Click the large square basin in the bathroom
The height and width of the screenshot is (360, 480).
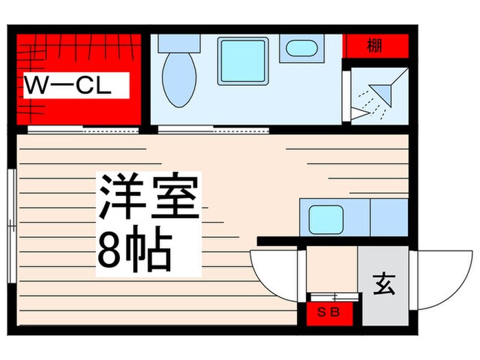[243, 61]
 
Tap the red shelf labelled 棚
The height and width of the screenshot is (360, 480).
[374, 47]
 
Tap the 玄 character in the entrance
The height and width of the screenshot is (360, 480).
[385, 283]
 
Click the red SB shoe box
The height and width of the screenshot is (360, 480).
[331, 313]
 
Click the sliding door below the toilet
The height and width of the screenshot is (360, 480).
[213, 128]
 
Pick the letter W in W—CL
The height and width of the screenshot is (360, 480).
[36, 86]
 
